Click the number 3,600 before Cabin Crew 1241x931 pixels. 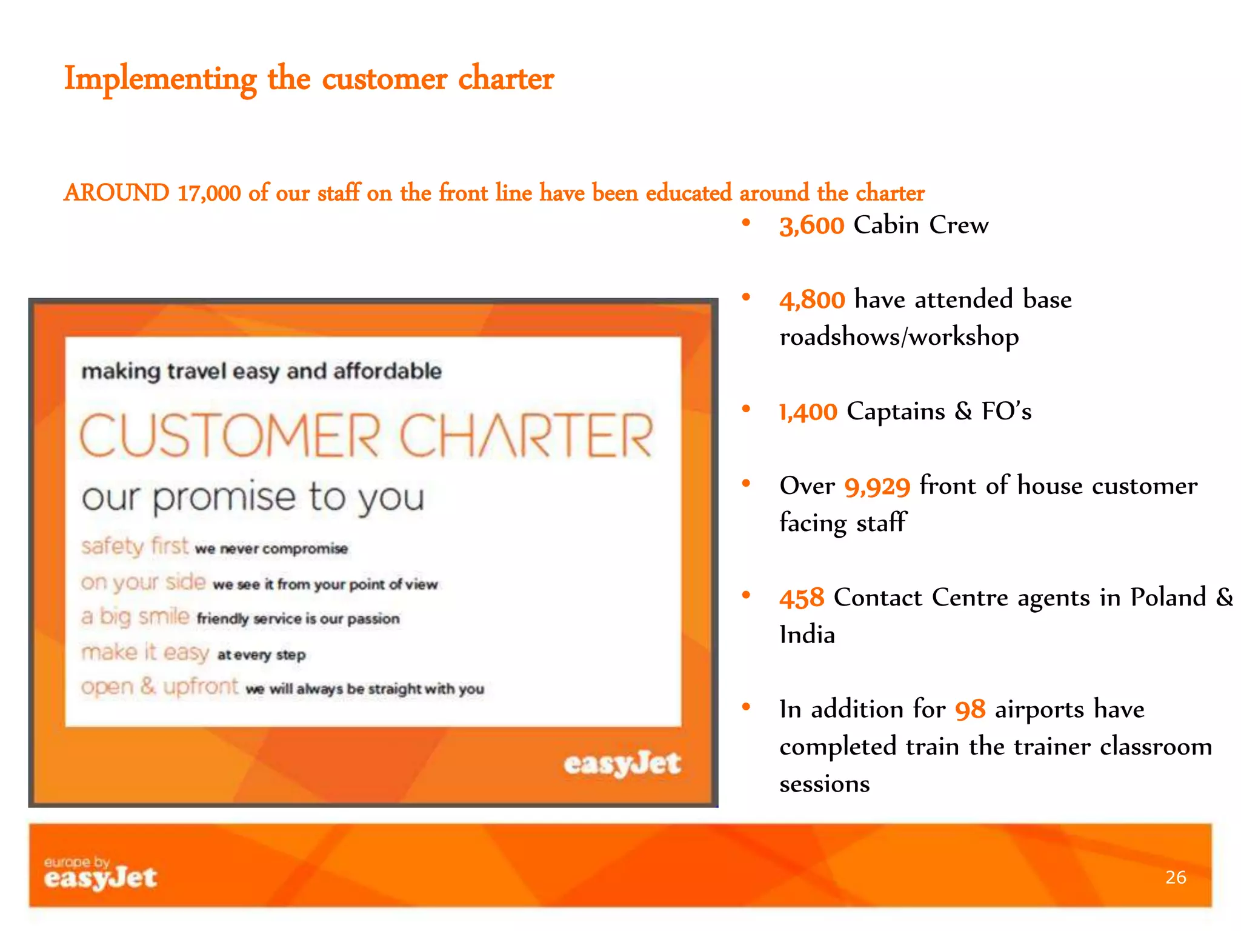click(811, 226)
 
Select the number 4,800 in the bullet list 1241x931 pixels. click(812, 301)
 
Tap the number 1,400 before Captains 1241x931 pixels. click(808, 413)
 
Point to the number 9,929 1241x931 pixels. click(877, 487)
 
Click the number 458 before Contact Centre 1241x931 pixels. click(802, 599)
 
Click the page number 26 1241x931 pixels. click(1176, 877)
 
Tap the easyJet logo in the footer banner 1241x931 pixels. click(101, 874)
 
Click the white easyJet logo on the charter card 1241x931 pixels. click(622, 764)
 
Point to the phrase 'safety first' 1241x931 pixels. click(135, 546)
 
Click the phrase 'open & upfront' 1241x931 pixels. click(159, 687)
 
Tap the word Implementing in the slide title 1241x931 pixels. click(160, 79)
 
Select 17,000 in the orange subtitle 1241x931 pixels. click(209, 193)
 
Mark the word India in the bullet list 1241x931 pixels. click(807, 635)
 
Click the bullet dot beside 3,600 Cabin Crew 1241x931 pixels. click(746, 223)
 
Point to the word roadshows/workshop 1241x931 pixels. click(899, 338)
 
